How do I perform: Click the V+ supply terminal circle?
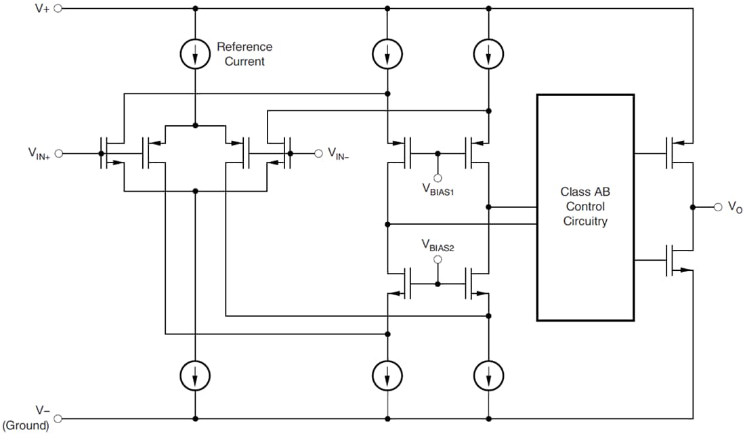click(x=58, y=9)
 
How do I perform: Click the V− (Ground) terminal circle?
click(x=58, y=418)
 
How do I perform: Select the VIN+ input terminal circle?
click(x=58, y=154)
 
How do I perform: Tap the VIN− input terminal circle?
click(x=318, y=154)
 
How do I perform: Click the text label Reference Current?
click(x=244, y=54)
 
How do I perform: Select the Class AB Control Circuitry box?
click(x=585, y=207)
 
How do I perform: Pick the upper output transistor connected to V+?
click(x=677, y=150)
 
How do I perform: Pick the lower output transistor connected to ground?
click(x=677, y=261)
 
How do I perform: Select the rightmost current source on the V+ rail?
click(x=488, y=53)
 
